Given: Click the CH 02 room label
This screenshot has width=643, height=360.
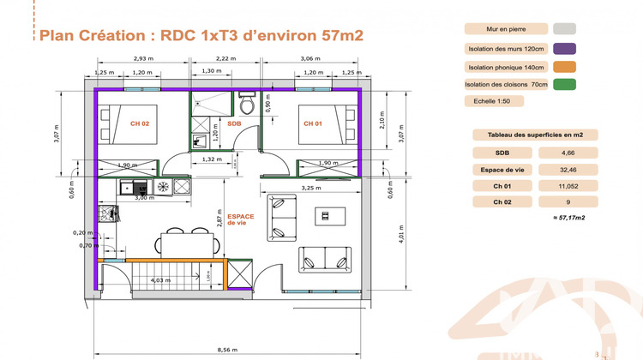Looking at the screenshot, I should tap(140, 123).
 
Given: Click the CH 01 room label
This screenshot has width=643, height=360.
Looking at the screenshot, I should tap(313, 123).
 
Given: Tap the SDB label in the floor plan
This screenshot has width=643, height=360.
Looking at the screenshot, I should tap(234, 123).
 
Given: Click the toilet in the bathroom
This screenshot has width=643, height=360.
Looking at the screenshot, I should tap(247, 105).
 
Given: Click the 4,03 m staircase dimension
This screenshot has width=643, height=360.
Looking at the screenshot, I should tap(159, 279).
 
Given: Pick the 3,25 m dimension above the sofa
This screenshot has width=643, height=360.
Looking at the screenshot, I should tap(311, 188).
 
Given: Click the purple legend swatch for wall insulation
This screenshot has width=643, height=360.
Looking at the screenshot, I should tap(564, 48).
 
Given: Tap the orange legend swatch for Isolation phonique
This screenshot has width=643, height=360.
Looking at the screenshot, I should tap(564, 66).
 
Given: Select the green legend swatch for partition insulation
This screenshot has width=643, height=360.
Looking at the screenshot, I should tap(564, 84).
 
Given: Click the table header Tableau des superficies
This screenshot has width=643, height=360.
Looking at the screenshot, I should tap(534, 135).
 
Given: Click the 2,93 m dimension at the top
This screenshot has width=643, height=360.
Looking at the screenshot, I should tap(142, 58).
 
